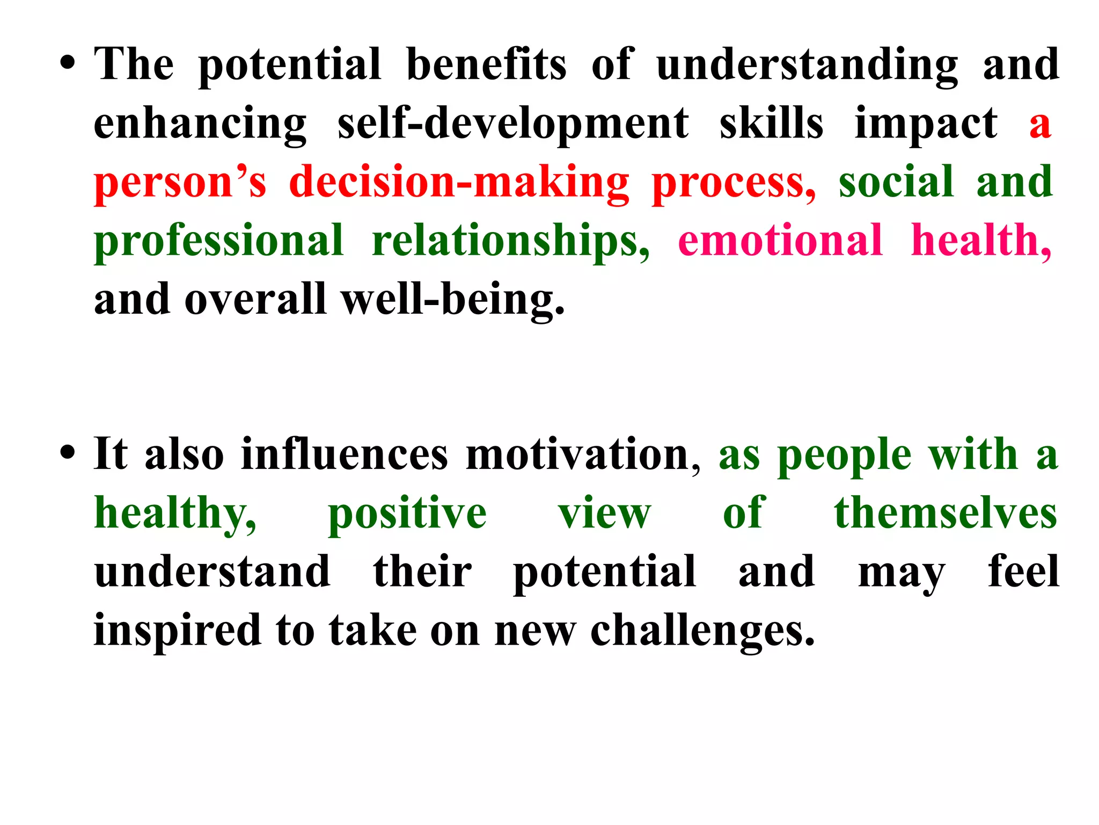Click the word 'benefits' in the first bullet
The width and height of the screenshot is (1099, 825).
[x=486, y=65]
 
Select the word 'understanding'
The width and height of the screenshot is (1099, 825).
[x=807, y=65]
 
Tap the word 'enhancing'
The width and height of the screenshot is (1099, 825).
[x=200, y=124]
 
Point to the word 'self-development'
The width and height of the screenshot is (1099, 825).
[x=513, y=124]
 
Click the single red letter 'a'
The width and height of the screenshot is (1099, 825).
[x=1039, y=125]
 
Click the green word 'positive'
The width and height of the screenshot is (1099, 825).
[x=407, y=513]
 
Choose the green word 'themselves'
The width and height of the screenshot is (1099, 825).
[x=946, y=513]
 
